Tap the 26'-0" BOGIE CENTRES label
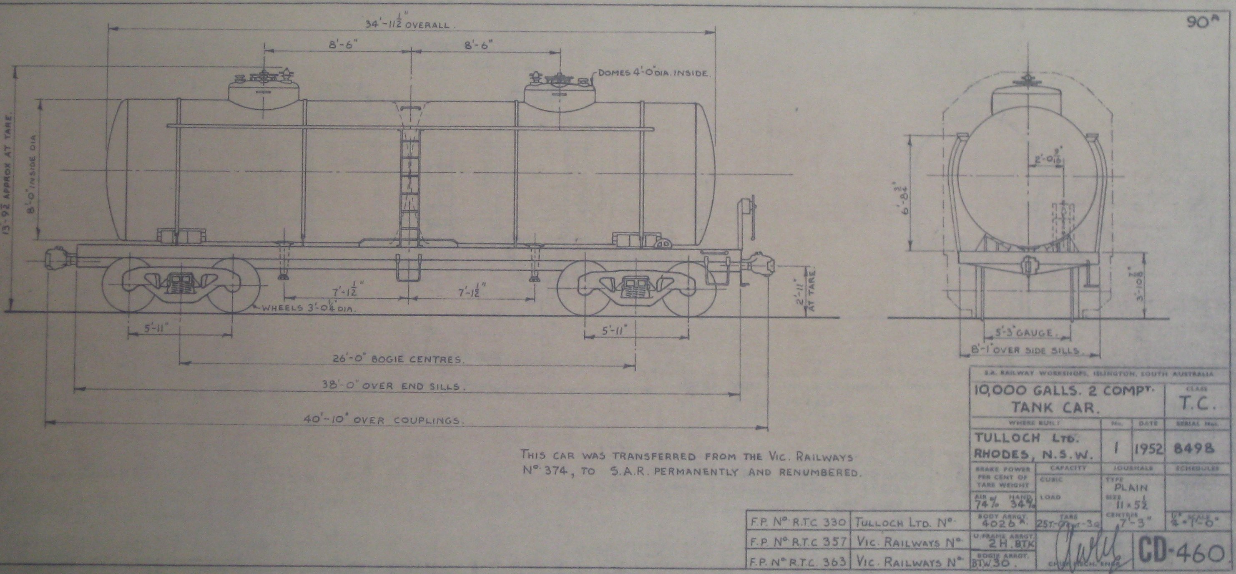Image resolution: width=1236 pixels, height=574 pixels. (398, 359)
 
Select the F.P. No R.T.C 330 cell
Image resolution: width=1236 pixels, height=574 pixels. (796, 522)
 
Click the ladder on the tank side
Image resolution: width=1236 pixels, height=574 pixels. (409, 187)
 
